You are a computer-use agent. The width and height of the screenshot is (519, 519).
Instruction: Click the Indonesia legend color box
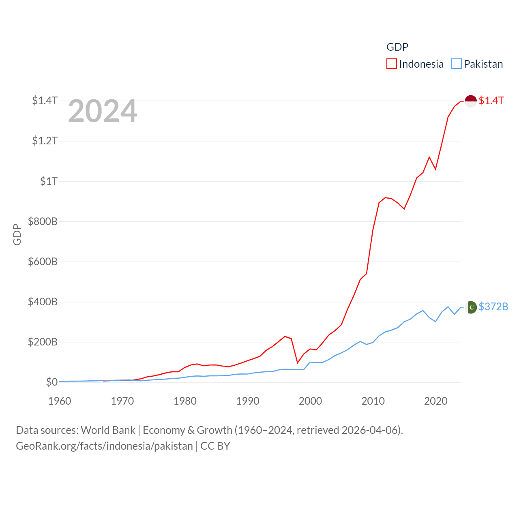click(x=391, y=64)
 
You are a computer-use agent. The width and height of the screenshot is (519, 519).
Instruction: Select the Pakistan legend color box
click(x=457, y=64)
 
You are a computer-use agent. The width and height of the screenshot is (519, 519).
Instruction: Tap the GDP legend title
click(x=397, y=47)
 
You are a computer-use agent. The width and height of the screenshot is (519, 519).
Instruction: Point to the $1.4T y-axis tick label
click(x=45, y=101)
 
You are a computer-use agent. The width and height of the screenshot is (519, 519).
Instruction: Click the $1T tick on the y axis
click(x=49, y=181)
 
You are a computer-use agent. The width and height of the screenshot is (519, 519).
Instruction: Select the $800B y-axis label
click(x=43, y=221)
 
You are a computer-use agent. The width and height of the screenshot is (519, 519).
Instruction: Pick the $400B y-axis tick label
click(x=43, y=302)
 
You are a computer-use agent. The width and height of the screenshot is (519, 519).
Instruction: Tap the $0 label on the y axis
click(x=51, y=382)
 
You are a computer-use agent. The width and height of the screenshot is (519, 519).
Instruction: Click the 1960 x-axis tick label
click(x=60, y=401)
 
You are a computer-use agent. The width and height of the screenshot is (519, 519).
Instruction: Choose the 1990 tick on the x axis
click(x=247, y=401)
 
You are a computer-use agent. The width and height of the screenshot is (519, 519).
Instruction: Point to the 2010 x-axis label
click(x=373, y=401)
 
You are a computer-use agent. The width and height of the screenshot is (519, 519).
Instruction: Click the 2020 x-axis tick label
click(x=435, y=401)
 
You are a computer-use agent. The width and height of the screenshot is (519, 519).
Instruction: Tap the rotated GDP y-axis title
click(x=17, y=234)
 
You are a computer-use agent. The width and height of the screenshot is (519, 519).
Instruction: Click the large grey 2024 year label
click(x=103, y=111)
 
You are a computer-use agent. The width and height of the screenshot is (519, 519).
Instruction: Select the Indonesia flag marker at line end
click(x=470, y=101)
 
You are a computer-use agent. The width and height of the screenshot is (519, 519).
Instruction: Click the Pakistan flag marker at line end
click(x=471, y=307)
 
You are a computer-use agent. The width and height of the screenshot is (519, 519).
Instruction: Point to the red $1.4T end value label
click(x=491, y=101)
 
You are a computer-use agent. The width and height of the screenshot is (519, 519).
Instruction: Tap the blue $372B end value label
click(x=493, y=307)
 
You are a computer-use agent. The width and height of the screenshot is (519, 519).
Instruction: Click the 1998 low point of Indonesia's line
click(x=298, y=362)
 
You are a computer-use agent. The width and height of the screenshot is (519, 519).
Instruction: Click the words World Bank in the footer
click(x=108, y=430)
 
